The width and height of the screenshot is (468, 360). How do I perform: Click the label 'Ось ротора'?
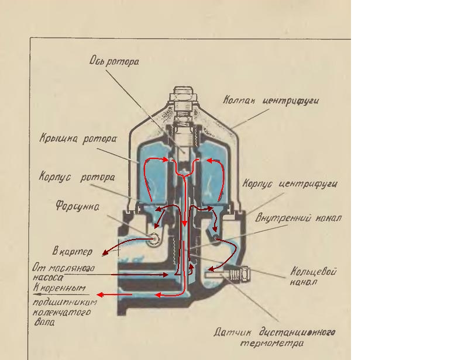coord(114,61)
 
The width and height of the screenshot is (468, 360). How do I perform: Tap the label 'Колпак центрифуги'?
coord(271,100)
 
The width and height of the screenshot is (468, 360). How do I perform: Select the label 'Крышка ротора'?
coord(78,139)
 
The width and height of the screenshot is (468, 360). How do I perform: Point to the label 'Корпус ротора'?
coord(77,177)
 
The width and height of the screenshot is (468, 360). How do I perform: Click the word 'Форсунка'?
coord(77,206)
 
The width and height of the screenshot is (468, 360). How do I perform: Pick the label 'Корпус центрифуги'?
coord(290,183)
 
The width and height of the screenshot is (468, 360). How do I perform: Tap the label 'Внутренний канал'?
coord(298,218)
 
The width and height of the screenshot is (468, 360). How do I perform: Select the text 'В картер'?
coord(72,251)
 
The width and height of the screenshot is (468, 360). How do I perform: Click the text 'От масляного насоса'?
coord(63,272)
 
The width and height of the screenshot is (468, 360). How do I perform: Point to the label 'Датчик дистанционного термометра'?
coord(274,338)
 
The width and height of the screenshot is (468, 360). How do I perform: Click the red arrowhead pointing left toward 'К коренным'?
coord(100,295)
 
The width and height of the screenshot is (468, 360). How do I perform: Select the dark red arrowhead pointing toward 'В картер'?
coord(105,254)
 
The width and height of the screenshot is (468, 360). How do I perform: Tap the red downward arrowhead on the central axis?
coord(184,223)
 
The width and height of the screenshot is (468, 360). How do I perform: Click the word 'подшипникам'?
coord(65,303)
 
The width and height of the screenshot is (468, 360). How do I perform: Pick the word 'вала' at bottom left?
coord(45,322)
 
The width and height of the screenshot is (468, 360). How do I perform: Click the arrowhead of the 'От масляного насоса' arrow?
coord(166,275)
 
